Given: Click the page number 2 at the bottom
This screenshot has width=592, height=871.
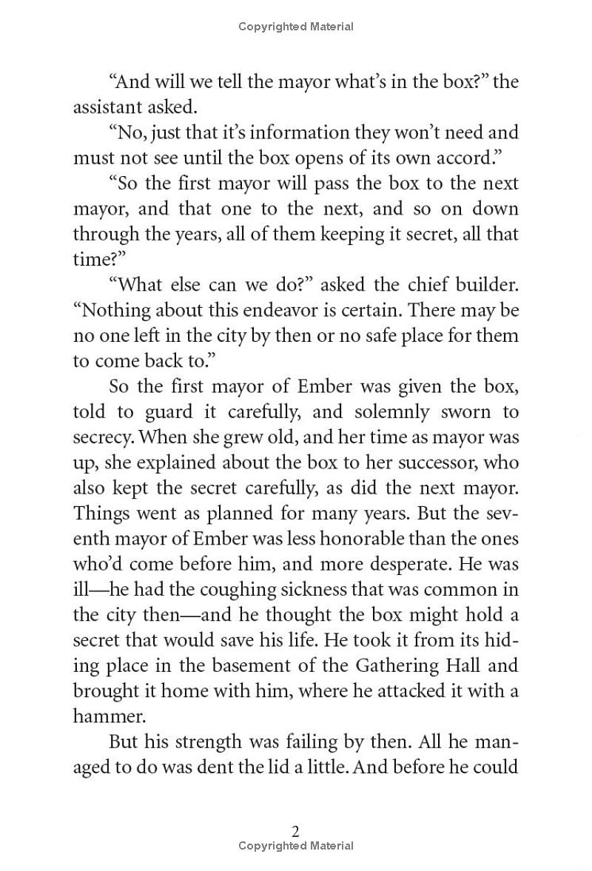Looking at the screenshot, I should (296, 831).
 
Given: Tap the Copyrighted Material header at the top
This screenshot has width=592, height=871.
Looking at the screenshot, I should (296, 27).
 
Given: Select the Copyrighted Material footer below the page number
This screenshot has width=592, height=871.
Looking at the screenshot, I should (296, 846).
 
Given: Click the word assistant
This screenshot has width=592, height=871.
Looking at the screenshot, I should (106, 107).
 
